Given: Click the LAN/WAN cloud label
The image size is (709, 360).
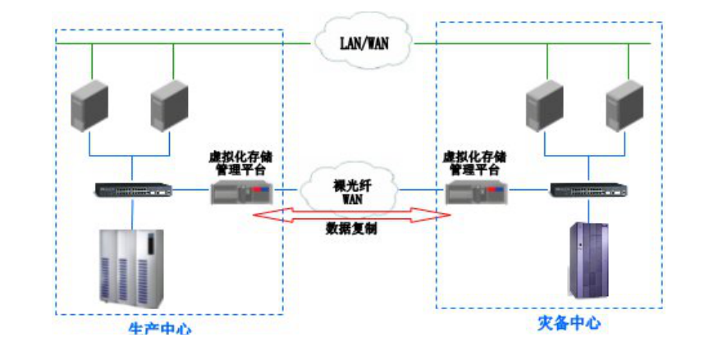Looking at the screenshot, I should coord(364,42).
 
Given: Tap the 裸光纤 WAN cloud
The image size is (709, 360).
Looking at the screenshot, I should coord(351,191).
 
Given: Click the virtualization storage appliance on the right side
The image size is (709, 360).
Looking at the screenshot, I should coord(477,194).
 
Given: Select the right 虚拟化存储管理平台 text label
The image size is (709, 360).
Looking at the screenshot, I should coord(475,162).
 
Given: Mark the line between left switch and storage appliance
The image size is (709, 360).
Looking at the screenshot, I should coord(190,190).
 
